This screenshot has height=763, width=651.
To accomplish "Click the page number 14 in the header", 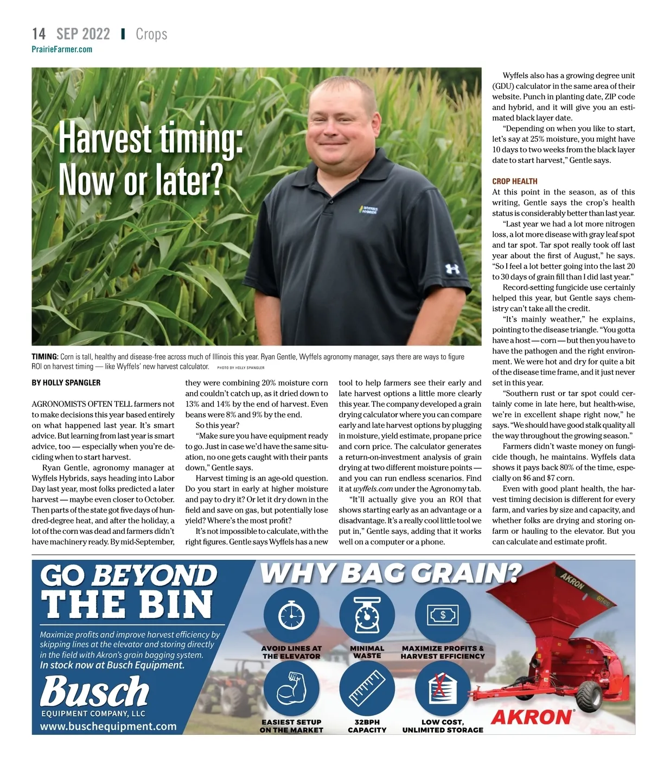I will [39, 34].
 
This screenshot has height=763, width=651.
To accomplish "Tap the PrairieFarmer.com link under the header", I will [62, 49].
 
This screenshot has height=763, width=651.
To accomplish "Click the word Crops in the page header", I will [151, 34].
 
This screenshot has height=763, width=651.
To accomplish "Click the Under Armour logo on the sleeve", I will [452, 268].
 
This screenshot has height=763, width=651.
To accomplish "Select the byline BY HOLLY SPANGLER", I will [66, 383].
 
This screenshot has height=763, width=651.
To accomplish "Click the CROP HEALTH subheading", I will [514, 181].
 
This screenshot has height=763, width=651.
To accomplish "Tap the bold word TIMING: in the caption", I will [45, 357].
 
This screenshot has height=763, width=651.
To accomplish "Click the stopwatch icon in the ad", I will [291, 615].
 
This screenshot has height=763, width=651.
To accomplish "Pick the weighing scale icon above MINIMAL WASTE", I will [367, 615].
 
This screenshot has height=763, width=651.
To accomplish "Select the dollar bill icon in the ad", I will [443, 615].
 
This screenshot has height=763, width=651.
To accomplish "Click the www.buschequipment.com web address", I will [108, 726].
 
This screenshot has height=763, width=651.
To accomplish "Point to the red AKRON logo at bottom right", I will [531, 717].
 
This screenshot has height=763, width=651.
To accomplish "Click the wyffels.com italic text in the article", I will [373, 489].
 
